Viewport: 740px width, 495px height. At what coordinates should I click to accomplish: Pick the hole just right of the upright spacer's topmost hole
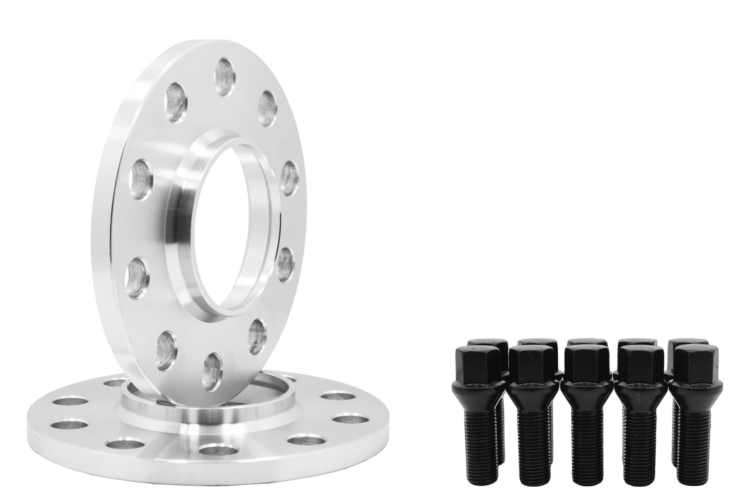[x=268, y=108]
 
